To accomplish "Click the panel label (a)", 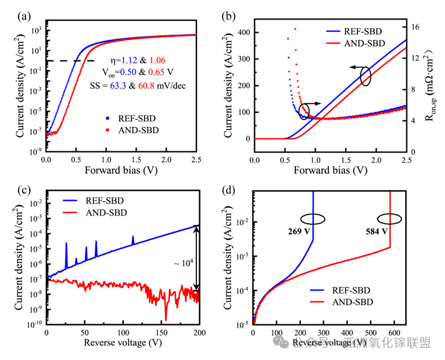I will pos(24,16).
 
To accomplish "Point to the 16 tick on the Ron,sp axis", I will pos(414,26).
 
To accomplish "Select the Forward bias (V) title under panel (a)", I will pos(122,170).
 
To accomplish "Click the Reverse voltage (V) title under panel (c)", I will pos(123,343).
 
